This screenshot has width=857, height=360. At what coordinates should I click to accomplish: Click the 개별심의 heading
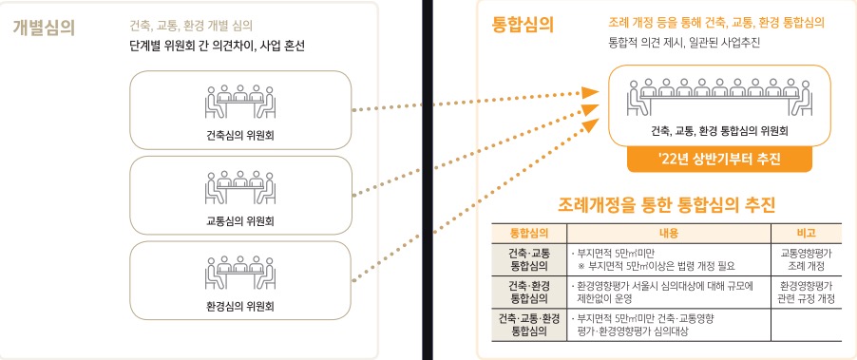[x=43, y=27]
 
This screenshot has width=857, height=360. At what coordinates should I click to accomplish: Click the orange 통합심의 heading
[x=524, y=25]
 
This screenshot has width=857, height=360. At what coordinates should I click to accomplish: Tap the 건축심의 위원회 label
[x=240, y=136]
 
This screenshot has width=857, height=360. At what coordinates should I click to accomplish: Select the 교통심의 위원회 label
[x=240, y=221]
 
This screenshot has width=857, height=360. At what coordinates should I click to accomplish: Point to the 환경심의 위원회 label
[x=240, y=306]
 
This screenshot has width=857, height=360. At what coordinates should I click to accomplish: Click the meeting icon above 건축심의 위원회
[x=240, y=102]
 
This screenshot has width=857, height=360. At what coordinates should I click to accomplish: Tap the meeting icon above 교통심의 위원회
[x=240, y=187]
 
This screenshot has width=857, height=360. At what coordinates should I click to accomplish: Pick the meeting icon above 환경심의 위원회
[x=240, y=272]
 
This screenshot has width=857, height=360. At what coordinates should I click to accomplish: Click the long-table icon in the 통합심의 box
[x=720, y=97]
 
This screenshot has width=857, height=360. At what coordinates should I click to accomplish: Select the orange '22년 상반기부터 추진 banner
[x=720, y=160]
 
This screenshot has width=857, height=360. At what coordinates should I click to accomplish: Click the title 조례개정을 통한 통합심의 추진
[x=666, y=205]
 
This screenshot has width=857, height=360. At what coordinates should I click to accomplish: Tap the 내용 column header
[x=669, y=233]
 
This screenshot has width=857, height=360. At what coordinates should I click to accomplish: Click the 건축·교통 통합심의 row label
[x=529, y=259]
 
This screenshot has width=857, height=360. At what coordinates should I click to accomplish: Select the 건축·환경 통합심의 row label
[x=529, y=293]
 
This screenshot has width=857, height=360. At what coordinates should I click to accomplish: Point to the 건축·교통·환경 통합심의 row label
[x=529, y=325]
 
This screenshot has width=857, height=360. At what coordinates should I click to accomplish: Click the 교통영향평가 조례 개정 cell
[x=807, y=259]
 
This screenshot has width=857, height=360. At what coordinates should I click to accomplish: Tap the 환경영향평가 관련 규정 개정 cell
[x=807, y=293]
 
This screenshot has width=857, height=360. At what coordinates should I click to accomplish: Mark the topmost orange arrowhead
[x=590, y=92]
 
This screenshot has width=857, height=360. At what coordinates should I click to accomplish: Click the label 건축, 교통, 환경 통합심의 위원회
[x=720, y=131]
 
